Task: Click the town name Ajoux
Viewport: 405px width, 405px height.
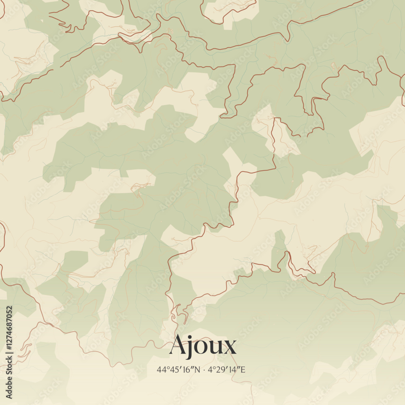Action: tap(202, 346)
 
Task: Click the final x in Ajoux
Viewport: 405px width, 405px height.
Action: tap(229, 348)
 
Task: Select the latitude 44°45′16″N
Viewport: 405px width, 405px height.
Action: tap(178, 369)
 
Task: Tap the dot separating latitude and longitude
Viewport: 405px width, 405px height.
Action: tap(205, 370)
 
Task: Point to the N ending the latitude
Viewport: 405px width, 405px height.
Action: tap(197, 369)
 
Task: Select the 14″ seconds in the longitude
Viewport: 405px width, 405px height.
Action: tap(234, 369)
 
